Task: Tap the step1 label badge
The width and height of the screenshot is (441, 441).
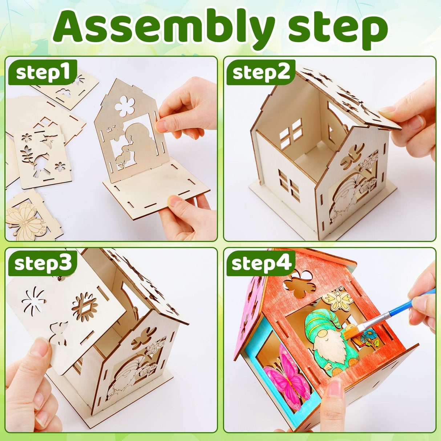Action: point(43,72)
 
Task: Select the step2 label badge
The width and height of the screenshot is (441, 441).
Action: point(261,72)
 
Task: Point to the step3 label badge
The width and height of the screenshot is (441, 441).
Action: point(43,263)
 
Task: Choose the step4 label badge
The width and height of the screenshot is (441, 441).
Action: point(261,263)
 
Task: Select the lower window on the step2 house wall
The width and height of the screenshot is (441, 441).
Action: point(289,186)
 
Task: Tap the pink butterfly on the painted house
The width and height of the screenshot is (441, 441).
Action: point(287,378)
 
